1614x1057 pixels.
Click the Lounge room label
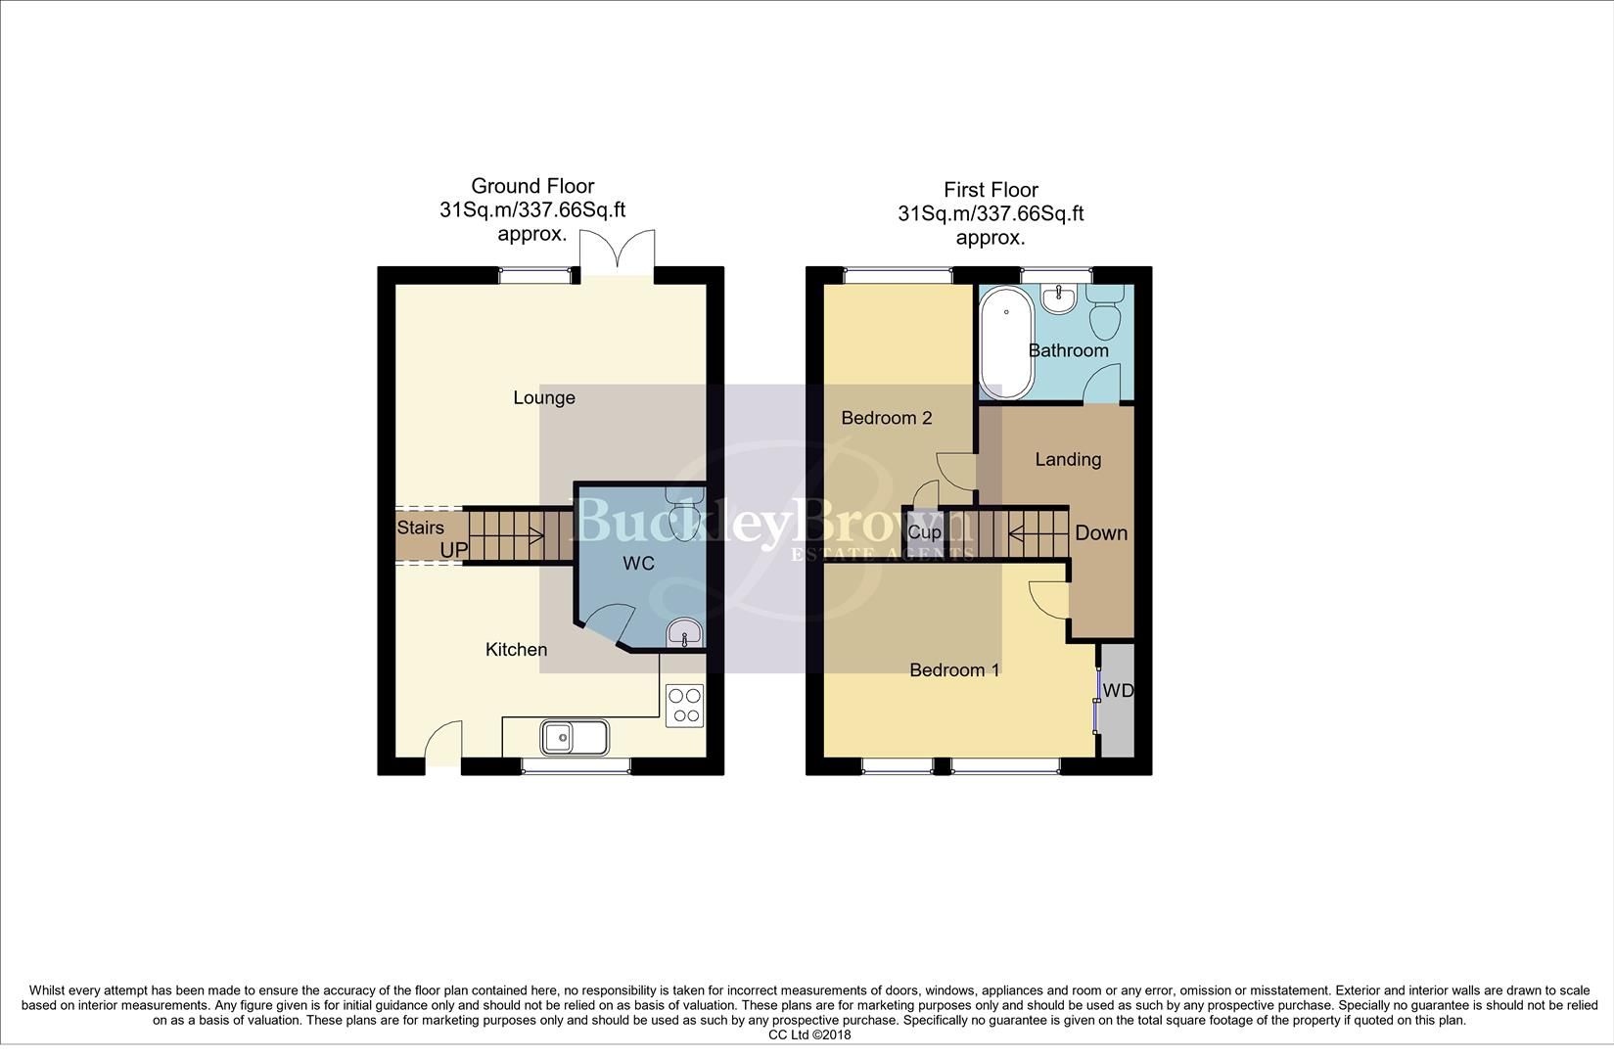(x=544, y=398)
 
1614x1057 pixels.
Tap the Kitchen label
(x=516, y=650)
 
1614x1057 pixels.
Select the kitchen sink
(x=576, y=737)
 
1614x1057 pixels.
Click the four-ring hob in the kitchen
(x=684, y=706)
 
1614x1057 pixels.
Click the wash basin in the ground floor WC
(x=683, y=633)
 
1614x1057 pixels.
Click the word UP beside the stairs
(x=453, y=550)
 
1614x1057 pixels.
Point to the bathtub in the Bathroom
(x=1006, y=343)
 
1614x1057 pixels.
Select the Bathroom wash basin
(x=1058, y=299)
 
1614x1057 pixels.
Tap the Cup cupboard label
(x=924, y=533)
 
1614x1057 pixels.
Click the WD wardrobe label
(x=1118, y=691)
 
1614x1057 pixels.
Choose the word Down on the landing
(x=1101, y=533)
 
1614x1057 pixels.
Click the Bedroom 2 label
(x=886, y=418)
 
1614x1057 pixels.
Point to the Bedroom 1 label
(x=954, y=670)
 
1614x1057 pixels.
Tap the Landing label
(x=1068, y=459)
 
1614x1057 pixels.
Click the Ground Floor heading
(x=532, y=186)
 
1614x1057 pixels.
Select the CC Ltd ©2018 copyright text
(x=809, y=1034)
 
